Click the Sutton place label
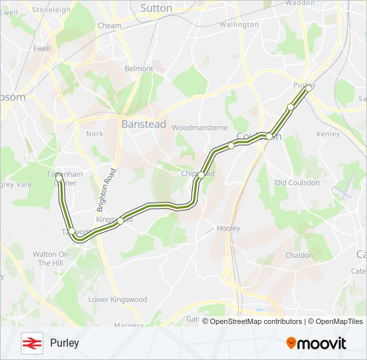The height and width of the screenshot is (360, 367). [x=156, y=8]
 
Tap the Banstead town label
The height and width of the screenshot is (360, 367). [x=139, y=123]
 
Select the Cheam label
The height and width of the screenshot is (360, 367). [x=110, y=26]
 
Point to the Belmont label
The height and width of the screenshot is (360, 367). [x=139, y=69]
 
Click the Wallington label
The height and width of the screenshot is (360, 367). [x=238, y=25]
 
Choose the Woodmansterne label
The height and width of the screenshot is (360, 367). [x=200, y=127]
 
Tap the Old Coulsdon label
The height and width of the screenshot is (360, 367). [x=297, y=183]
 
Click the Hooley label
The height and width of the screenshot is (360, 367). [x=228, y=229]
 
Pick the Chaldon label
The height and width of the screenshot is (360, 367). [x=298, y=255]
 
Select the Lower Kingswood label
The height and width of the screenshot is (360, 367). [x=117, y=300]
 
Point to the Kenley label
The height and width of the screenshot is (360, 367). [x=328, y=134]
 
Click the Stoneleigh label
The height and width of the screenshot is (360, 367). [x=51, y=10]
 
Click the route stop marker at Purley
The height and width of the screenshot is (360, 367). [x=308, y=87]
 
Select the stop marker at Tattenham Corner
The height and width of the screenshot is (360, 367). [x=59, y=177]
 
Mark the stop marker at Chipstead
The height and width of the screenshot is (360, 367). [x=201, y=175]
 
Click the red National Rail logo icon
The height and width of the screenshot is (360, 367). [x=31, y=343]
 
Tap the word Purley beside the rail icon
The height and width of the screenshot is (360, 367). [x=64, y=343]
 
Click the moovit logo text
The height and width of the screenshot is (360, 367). [x=316, y=343]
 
